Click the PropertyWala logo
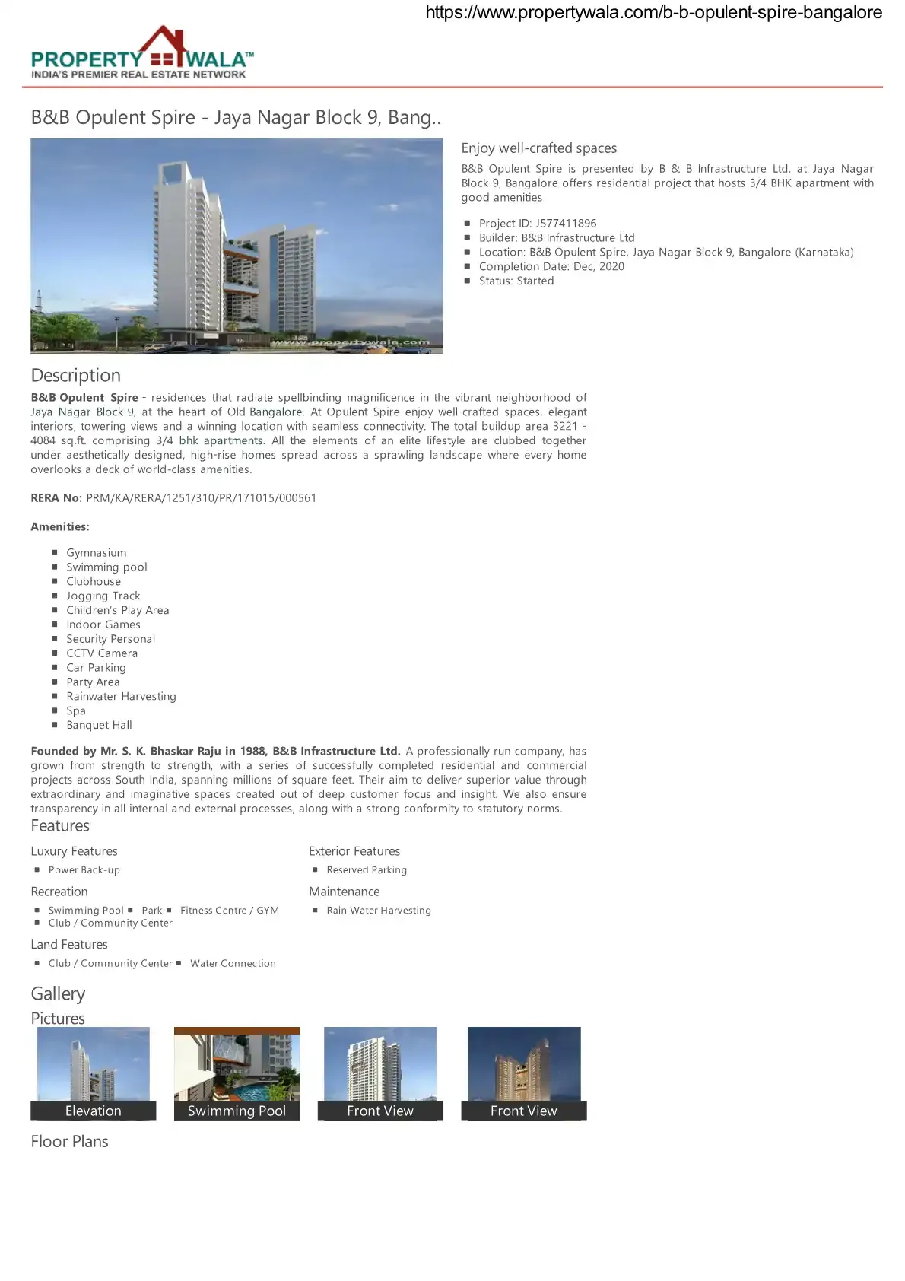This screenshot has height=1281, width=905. click(142, 53)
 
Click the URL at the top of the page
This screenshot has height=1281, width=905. click(653, 12)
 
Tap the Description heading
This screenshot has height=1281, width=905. click(75, 375)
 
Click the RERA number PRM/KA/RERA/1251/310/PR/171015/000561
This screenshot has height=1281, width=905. click(201, 497)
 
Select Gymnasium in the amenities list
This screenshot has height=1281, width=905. click(96, 552)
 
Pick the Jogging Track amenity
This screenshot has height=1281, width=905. click(103, 596)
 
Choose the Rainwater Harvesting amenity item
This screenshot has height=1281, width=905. click(121, 696)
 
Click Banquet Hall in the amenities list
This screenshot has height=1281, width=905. click(99, 725)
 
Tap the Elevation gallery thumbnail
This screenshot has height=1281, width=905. click(93, 1073)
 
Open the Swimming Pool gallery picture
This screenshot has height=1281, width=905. click(237, 1073)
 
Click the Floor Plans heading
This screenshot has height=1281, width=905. click(69, 1141)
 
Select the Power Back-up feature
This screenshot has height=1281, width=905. click(84, 869)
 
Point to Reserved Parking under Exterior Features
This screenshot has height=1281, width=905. click(367, 869)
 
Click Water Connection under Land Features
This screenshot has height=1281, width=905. click(233, 963)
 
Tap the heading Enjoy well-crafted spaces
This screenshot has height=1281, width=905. click(538, 148)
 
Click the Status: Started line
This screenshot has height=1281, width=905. click(516, 281)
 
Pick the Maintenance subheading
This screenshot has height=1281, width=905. click(344, 891)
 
